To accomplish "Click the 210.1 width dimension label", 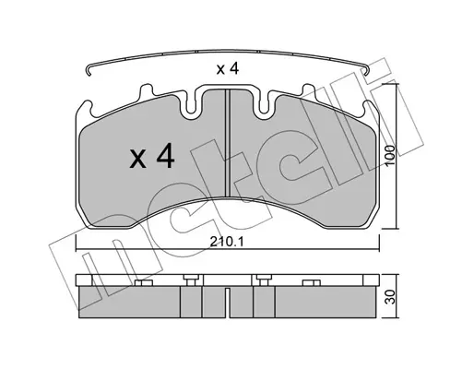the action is pos(227,242).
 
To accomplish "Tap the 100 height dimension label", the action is pos(390,156).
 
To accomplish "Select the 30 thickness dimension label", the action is pos(390,297).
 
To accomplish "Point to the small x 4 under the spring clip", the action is pos(228,69).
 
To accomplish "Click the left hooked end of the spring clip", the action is pos(89,71).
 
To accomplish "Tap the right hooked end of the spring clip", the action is pos(366,70).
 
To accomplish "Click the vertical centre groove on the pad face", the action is pos(228,142).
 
